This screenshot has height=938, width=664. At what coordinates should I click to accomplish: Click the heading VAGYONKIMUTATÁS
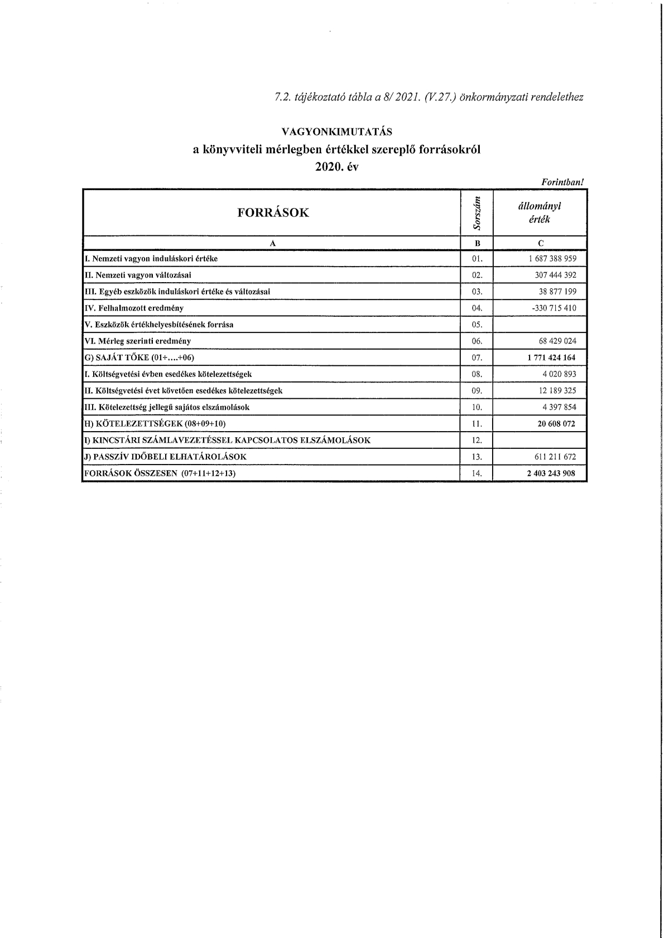336,132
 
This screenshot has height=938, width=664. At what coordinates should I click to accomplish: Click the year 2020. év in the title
336,167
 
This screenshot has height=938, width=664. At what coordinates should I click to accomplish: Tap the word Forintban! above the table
562,182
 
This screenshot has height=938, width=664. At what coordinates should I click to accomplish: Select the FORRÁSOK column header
273,212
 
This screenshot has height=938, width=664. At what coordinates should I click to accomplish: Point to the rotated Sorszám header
477,212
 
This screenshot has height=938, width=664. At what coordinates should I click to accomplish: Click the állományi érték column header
540,212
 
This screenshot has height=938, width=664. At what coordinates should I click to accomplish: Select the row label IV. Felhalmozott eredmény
133,308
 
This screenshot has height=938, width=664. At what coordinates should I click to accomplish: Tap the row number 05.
477,325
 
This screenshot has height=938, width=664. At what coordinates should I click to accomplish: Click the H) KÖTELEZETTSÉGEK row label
155,424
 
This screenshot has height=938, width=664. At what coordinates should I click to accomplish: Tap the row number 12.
477,440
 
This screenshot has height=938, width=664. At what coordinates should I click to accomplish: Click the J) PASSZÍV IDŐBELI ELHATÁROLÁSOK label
165,457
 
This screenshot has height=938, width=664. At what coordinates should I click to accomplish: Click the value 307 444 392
555,275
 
